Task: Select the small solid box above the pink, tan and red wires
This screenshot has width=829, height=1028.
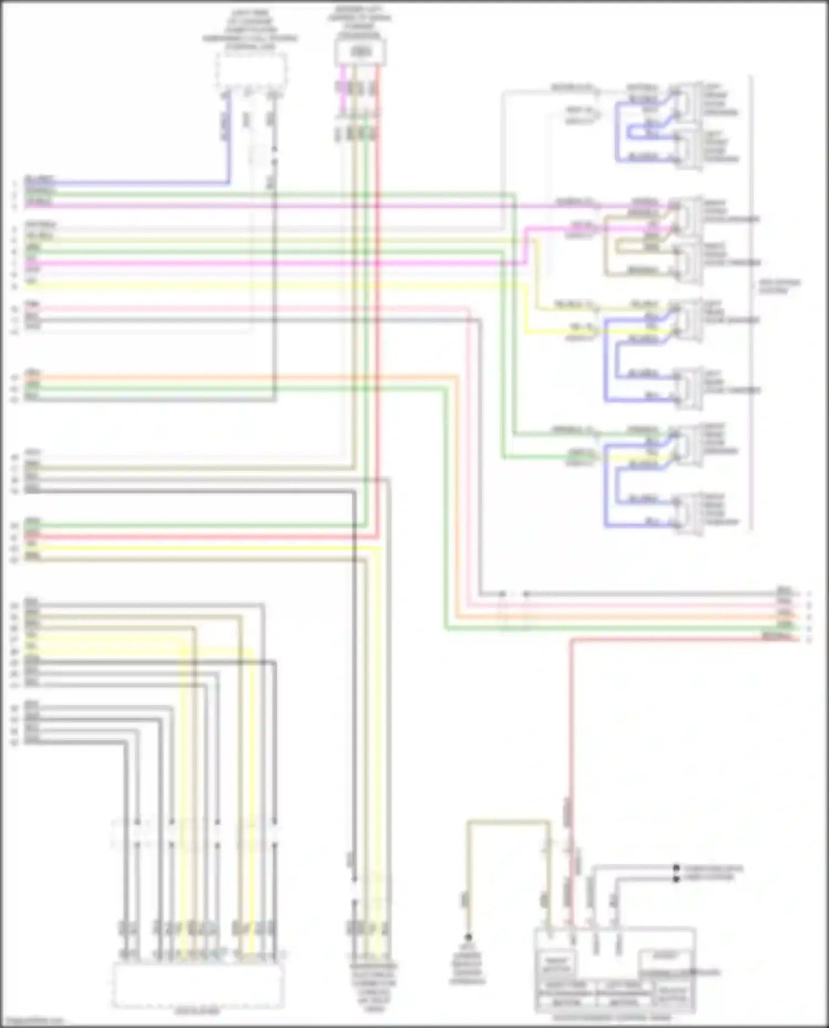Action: pyautogui.click(x=360, y=52)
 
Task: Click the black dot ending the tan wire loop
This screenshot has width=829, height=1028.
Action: pyautogui.click(x=468, y=937)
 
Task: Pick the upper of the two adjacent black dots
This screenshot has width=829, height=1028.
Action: pyautogui.click(x=676, y=868)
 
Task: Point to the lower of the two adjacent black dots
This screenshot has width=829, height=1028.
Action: pyautogui.click(x=676, y=879)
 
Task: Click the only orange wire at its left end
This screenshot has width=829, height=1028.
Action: pyautogui.click(x=27, y=378)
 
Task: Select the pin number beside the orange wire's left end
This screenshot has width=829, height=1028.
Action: pyautogui.click(x=15, y=378)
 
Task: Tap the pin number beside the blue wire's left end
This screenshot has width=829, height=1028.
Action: pyautogui.click(x=15, y=183)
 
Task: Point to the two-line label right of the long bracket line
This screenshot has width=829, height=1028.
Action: pyautogui.click(x=779, y=286)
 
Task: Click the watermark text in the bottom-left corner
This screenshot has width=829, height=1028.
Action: pyautogui.click(x=32, y=1022)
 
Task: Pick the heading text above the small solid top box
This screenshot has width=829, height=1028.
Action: pyautogui.click(x=360, y=22)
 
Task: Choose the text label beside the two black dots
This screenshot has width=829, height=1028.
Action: pyautogui.click(x=713, y=873)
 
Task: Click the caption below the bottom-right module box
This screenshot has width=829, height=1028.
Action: pyautogui.click(x=613, y=1017)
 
